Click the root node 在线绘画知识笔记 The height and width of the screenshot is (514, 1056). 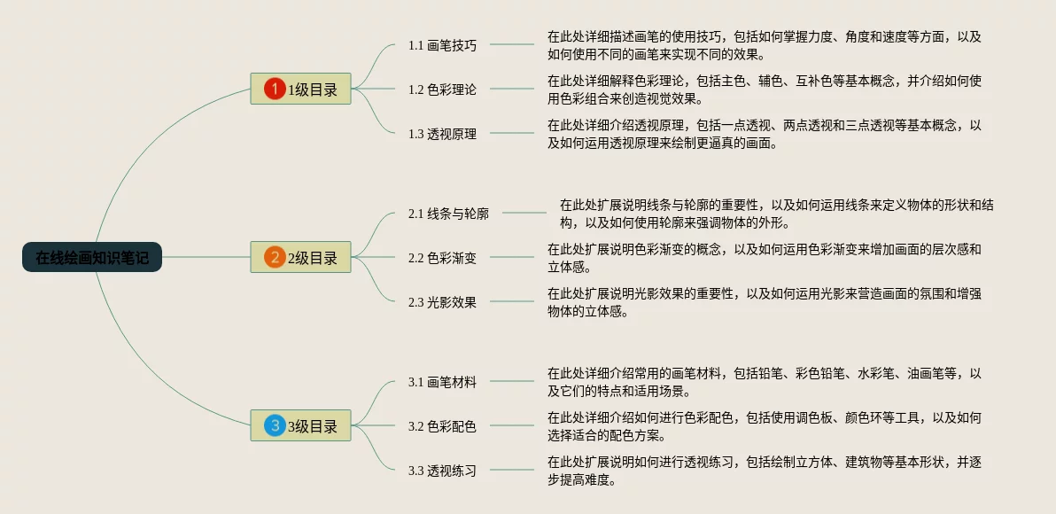(x=92, y=257)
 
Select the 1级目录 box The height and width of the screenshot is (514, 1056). (x=300, y=89)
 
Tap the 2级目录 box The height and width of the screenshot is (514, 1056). (x=300, y=258)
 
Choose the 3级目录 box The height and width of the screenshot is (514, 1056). (x=300, y=426)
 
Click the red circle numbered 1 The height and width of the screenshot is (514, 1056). (x=275, y=89)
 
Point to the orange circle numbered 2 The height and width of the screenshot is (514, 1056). (x=275, y=258)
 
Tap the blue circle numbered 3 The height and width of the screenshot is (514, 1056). (x=275, y=426)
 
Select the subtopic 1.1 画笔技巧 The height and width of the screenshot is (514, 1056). (x=442, y=45)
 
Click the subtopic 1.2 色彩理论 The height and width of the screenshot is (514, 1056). (x=442, y=90)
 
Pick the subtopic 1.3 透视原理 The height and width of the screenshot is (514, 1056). (x=442, y=134)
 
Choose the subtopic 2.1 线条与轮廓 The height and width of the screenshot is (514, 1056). (x=448, y=214)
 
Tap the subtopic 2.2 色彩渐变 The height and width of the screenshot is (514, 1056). (x=442, y=258)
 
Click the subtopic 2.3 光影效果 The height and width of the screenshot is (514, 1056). (x=442, y=302)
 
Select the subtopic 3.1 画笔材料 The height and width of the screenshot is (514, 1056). (x=442, y=382)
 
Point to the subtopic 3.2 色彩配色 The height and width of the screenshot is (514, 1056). (x=442, y=426)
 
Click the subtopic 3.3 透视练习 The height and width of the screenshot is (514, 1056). (x=442, y=471)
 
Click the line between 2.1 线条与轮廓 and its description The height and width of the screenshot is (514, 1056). (x=524, y=213)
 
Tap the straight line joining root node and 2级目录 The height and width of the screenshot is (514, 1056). (x=206, y=258)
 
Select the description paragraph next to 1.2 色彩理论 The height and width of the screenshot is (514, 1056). (x=764, y=90)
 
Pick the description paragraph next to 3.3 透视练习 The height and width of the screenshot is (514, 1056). (x=764, y=471)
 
